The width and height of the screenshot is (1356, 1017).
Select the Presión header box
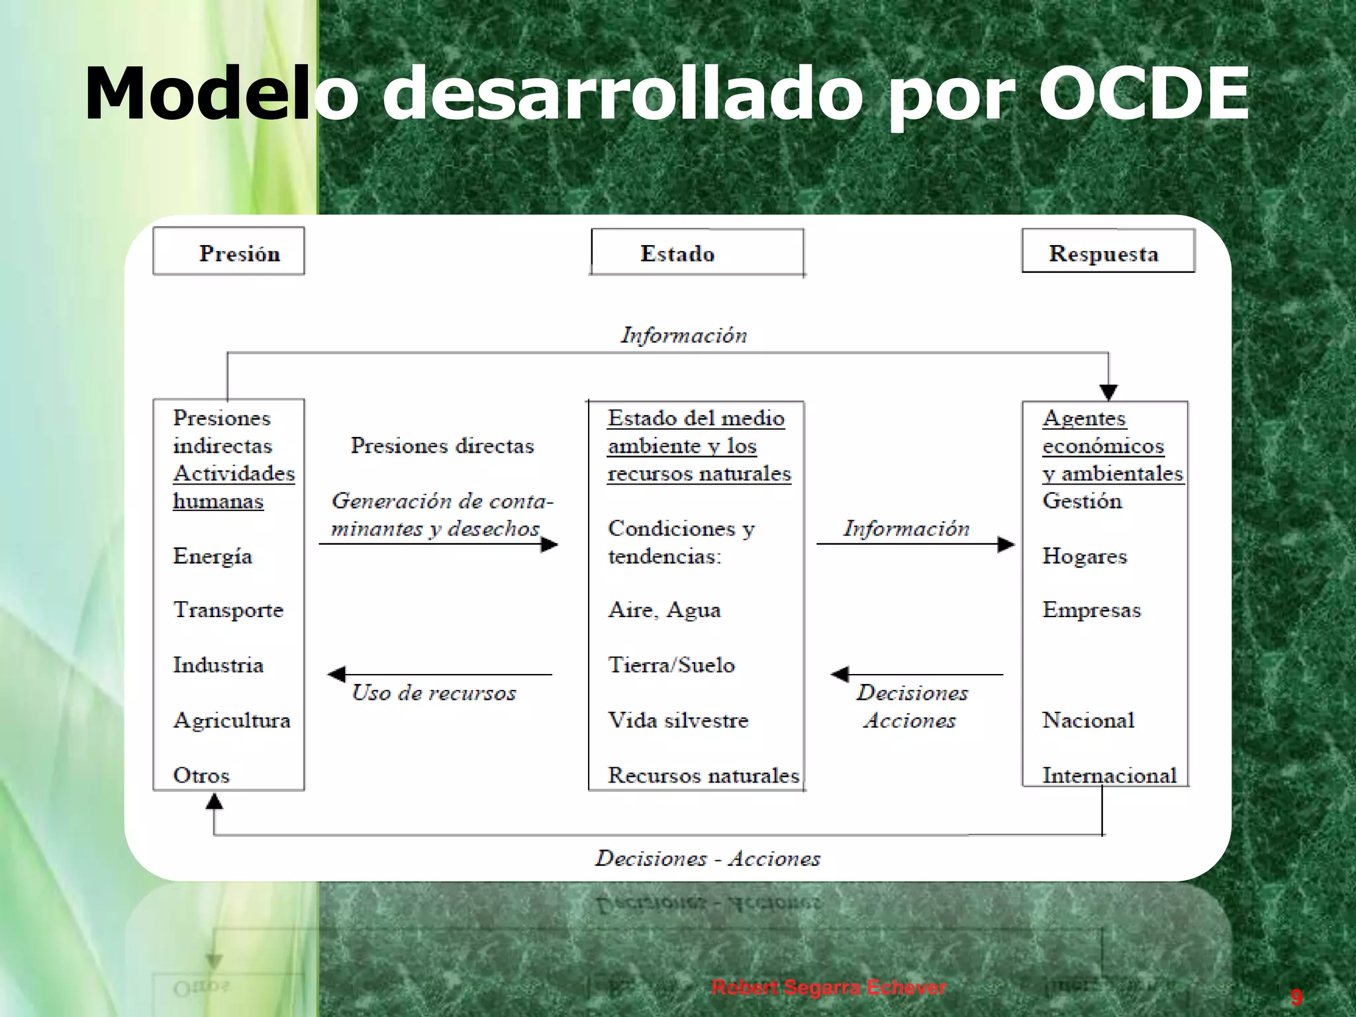point(228,252)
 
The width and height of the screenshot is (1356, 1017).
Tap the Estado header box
point(697,252)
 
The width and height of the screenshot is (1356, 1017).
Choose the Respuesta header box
point(1107,252)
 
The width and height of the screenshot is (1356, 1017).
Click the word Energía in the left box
point(213,556)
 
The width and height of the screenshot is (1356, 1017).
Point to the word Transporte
point(228,610)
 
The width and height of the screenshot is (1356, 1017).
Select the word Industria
point(218,665)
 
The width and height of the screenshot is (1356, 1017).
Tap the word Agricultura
point(232,720)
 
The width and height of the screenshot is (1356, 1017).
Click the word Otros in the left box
point(201,775)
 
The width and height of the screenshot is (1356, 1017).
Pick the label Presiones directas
point(442,446)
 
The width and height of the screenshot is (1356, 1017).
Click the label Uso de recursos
point(434,693)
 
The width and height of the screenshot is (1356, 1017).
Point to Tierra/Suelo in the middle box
point(671,665)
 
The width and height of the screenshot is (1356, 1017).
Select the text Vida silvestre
point(678,720)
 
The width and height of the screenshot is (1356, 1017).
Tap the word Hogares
point(1084,556)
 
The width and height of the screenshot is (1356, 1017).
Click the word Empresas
point(1091,610)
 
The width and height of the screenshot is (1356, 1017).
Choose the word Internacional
point(1109,775)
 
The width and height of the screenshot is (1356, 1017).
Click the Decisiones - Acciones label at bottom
point(707,859)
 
